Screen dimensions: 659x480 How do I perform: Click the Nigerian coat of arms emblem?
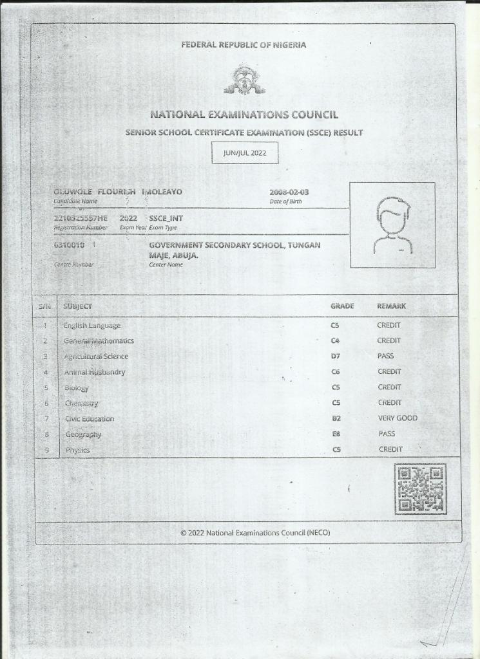click(244, 79)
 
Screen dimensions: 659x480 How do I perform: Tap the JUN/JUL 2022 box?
click(245, 153)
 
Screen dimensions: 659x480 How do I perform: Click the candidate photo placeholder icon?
click(392, 225)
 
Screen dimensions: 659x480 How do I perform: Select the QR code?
click(419, 489)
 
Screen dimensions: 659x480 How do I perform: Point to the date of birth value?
click(289, 192)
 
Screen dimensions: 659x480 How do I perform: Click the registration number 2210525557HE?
click(81, 218)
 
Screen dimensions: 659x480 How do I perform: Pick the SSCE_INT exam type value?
click(166, 218)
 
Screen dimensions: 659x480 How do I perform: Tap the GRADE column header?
click(342, 306)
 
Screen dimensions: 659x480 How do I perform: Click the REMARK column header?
click(391, 306)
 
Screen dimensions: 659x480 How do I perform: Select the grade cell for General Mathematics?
click(335, 340)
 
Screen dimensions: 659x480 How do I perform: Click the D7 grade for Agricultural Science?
click(335, 356)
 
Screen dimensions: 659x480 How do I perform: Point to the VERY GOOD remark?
click(398, 418)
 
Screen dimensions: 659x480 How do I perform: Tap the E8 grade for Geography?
click(336, 434)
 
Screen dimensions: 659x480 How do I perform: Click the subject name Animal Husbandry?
click(95, 372)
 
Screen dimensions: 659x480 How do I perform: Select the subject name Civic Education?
click(90, 419)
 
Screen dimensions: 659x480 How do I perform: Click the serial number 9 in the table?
click(46, 450)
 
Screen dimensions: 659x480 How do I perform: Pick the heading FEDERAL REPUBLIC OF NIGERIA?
click(244, 45)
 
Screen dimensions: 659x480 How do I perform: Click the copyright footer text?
click(255, 533)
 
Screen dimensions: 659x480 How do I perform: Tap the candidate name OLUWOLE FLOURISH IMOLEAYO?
click(118, 192)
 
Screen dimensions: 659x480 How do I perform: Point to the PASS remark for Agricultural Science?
click(386, 356)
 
